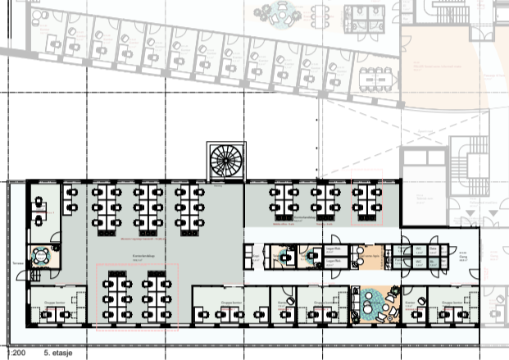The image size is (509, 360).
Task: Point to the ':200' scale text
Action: (x=9, y=355)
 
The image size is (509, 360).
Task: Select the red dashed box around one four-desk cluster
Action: (x=367, y=200)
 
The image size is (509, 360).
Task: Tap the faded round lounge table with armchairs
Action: (x=284, y=14)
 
